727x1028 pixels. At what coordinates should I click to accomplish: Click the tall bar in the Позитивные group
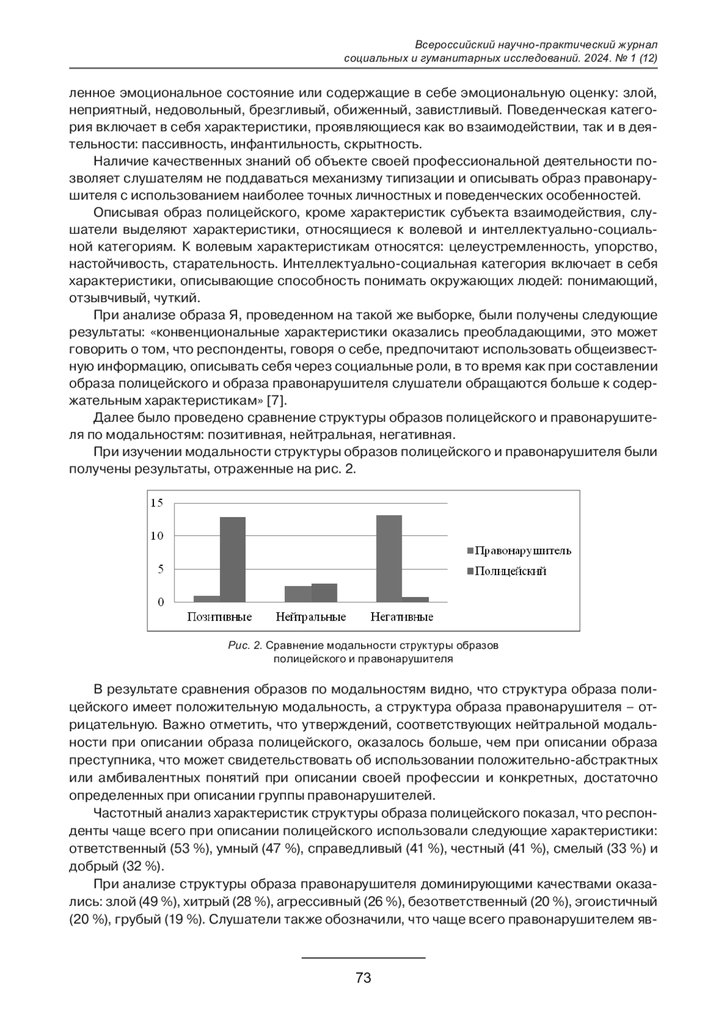[x=233, y=559]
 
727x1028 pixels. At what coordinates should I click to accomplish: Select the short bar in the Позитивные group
[x=207, y=598]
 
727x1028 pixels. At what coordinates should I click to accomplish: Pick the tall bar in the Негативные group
[x=389, y=558]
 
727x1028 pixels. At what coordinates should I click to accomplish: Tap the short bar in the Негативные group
[x=415, y=599]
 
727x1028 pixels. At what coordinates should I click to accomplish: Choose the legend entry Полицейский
[x=510, y=571]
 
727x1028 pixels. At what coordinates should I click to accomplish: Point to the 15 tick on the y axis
[x=157, y=502]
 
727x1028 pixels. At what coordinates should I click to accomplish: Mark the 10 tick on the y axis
[x=157, y=536]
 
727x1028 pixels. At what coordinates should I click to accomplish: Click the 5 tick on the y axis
[x=161, y=569]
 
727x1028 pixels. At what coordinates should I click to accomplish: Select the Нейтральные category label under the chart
[x=311, y=617]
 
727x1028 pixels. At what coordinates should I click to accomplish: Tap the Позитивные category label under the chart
[x=219, y=617]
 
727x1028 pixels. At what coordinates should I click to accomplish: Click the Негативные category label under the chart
[x=402, y=617]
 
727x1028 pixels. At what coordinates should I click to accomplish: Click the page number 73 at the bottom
[x=363, y=978]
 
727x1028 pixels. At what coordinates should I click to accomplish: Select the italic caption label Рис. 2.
[x=245, y=645]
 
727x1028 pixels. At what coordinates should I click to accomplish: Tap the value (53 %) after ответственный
[x=191, y=848]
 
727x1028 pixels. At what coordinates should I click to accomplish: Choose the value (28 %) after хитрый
[x=253, y=901]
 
